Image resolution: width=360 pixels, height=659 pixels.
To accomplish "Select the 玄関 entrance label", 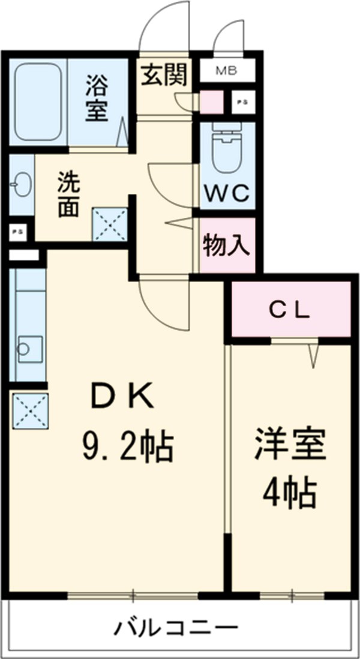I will (164, 76).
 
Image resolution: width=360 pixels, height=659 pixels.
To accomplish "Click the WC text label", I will (227, 193).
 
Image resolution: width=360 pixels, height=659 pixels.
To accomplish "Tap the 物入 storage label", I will (227, 245).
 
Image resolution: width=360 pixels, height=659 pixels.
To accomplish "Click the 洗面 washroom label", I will (68, 195).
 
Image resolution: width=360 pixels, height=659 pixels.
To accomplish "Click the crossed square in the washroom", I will (110, 224).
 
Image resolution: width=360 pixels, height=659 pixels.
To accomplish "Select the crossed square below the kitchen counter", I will (29, 410).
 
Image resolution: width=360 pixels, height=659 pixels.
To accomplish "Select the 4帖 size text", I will (289, 493).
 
